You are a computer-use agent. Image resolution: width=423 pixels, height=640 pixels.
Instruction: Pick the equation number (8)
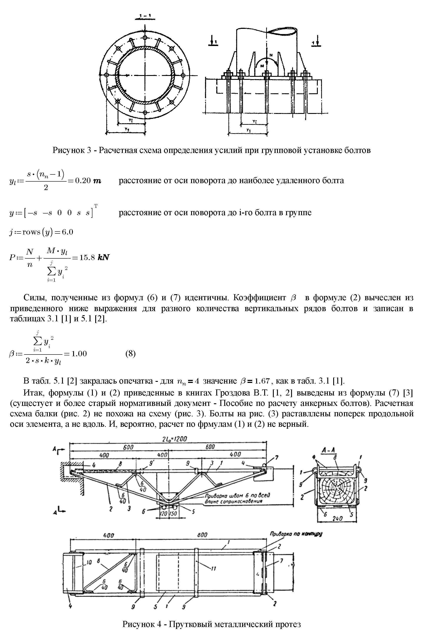pos(131,353)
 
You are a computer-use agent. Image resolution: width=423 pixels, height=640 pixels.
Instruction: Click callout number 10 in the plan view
pos(89,562)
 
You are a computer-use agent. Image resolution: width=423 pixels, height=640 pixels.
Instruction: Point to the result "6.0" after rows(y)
pos(67,232)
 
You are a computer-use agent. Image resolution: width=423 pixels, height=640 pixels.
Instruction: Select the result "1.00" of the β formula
pos(79,353)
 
